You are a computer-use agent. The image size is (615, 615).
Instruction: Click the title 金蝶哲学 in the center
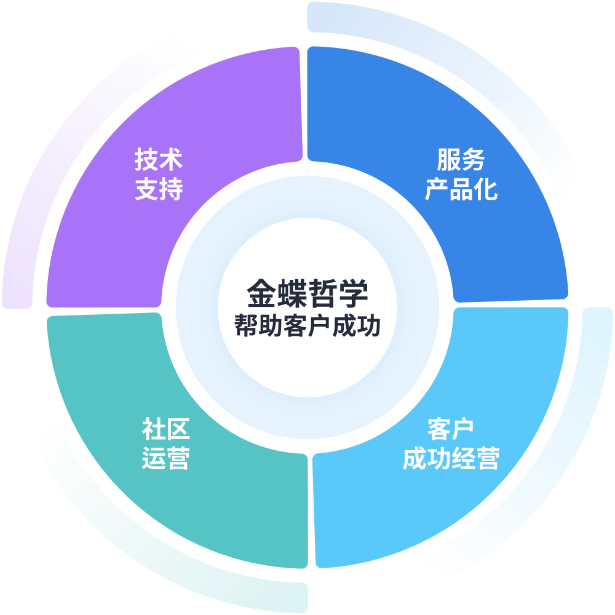pyautogui.click(x=307, y=293)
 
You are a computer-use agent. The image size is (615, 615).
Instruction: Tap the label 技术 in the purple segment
pyautogui.click(x=159, y=161)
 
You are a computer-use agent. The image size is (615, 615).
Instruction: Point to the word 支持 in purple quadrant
pyautogui.click(x=159, y=190)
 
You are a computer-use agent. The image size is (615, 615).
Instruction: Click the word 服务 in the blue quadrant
pyautogui.click(x=461, y=161)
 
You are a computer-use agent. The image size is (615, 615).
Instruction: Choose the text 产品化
pyautogui.click(x=461, y=190)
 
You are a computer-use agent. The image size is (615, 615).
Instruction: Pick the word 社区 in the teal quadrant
pyautogui.click(x=165, y=429)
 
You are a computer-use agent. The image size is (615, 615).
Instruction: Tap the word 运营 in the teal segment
pyautogui.click(x=165, y=459)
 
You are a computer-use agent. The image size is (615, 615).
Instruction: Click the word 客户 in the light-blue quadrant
pyautogui.click(x=451, y=429)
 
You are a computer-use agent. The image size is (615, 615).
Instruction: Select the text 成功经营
pyautogui.click(x=451, y=459)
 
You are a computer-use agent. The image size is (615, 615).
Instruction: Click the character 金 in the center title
pyautogui.click(x=261, y=293)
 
